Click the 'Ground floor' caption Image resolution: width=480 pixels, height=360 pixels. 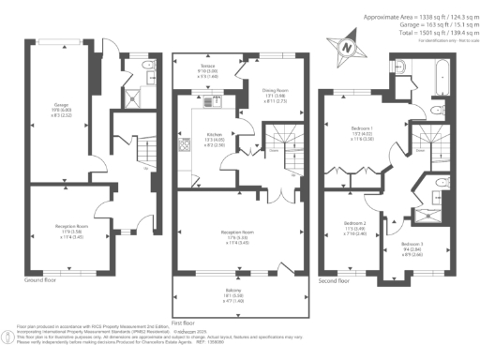pyautogui.click(x=42, y=280)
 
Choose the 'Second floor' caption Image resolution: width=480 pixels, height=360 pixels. pyautogui.click(x=338, y=280)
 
